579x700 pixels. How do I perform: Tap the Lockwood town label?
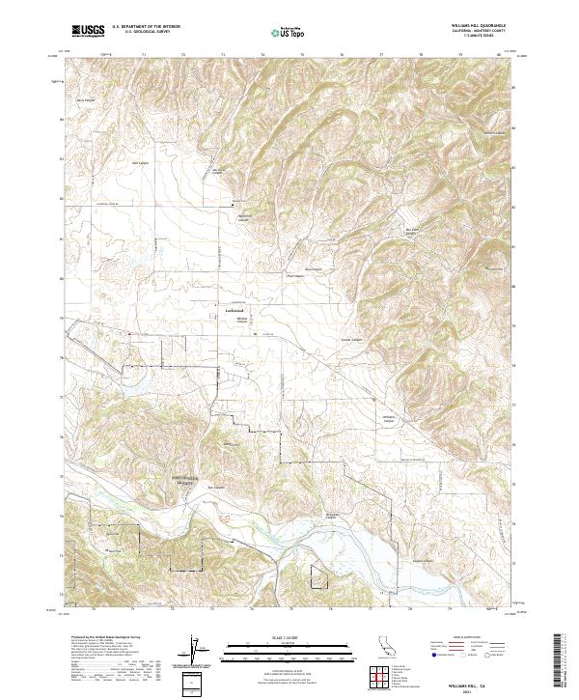click(x=221, y=310)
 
